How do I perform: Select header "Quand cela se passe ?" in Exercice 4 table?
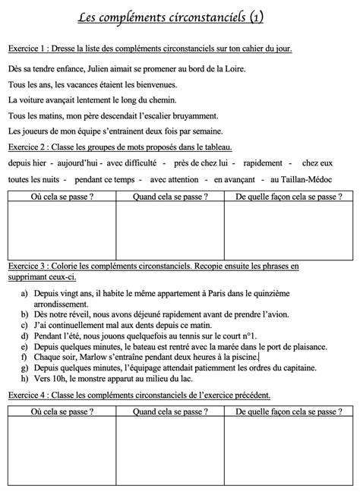click(170, 411)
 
